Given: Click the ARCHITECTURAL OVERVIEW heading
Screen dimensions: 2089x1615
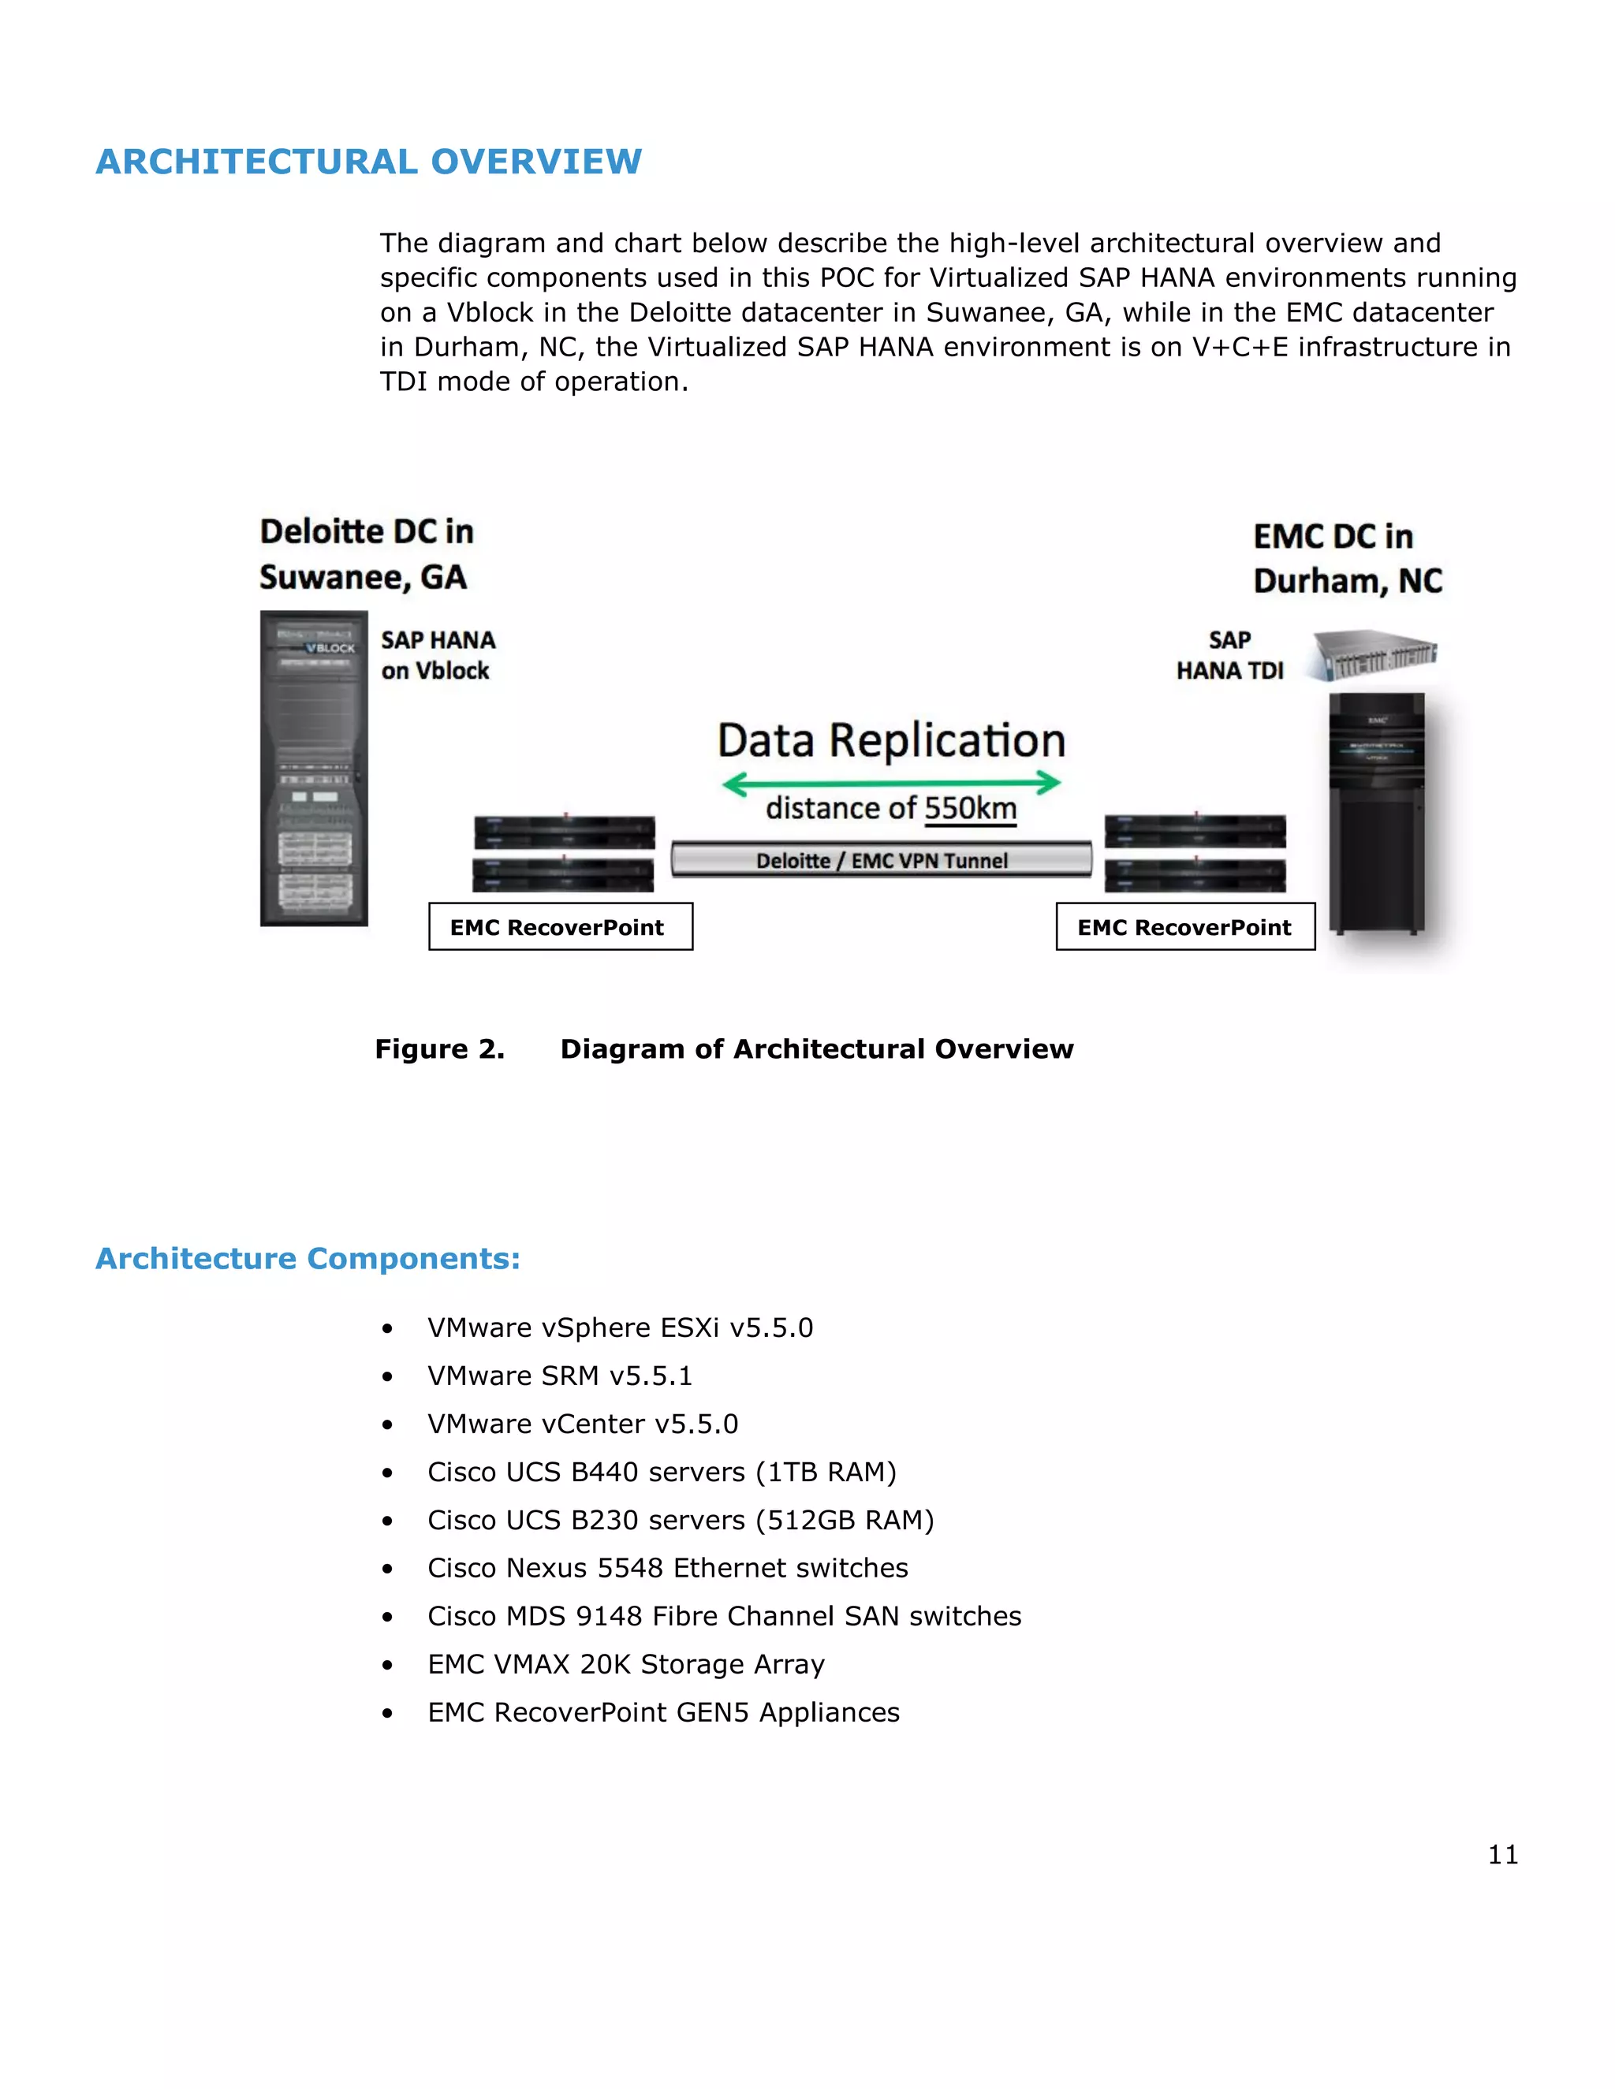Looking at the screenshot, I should [368, 162].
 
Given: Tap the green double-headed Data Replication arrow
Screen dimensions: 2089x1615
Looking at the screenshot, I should [891, 784].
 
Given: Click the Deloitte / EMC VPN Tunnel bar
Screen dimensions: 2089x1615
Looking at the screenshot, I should [881, 860].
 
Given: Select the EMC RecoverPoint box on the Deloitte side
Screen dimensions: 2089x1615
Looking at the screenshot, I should [560, 927].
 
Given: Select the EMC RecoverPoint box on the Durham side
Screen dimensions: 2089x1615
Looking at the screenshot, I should [1184, 927].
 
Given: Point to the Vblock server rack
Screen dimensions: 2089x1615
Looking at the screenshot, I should [314, 768].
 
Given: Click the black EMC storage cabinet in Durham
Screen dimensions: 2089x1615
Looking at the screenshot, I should [1377, 813].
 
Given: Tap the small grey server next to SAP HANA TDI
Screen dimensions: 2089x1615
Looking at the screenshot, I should [1374, 654].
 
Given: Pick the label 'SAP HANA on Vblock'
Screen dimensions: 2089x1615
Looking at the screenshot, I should [437, 655].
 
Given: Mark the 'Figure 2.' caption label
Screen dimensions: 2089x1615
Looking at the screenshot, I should [439, 1049].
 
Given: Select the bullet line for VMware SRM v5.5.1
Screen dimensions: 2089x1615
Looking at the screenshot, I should [560, 1376].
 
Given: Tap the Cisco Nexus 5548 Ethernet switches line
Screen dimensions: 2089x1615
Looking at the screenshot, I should [667, 1569].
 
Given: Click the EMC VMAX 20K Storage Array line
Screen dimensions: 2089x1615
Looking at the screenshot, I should [625, 1665].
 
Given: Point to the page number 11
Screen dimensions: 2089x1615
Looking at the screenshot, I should [1502, 1856].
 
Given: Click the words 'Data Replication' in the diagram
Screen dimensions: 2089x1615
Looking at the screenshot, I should [891, 740].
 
